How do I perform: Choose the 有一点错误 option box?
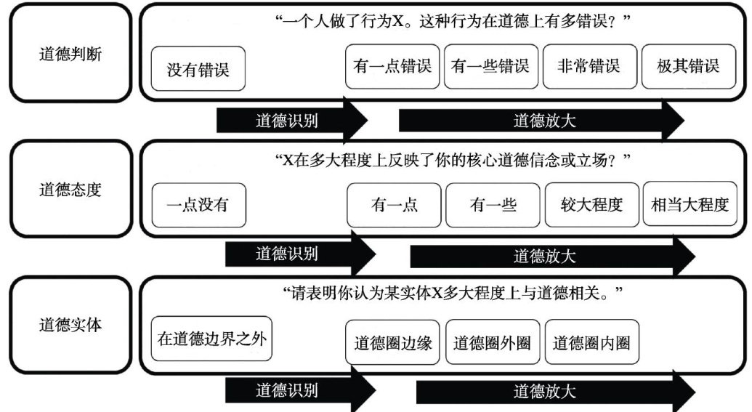392,67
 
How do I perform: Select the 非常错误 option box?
589,67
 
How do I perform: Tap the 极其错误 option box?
687,67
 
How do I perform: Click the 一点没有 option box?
198,204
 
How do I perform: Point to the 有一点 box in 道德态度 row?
395,204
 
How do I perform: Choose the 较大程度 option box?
592,204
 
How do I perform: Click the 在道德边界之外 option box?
211,339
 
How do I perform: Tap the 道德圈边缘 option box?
393,342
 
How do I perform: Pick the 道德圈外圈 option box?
493,342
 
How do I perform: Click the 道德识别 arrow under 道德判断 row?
291,121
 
